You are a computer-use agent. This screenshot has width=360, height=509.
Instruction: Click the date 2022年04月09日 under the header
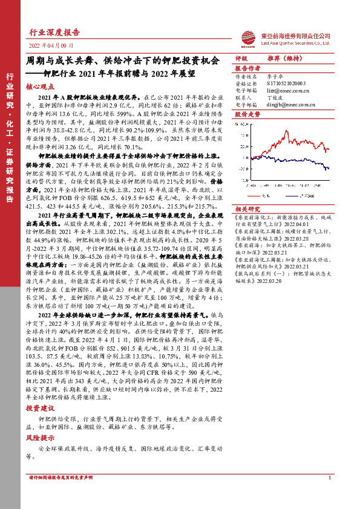51,46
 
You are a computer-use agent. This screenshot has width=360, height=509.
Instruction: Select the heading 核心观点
39,87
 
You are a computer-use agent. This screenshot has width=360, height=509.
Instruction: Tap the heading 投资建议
39,409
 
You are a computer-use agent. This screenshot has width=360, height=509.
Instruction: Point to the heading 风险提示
39,438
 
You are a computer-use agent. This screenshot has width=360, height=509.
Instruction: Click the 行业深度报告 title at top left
54,33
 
